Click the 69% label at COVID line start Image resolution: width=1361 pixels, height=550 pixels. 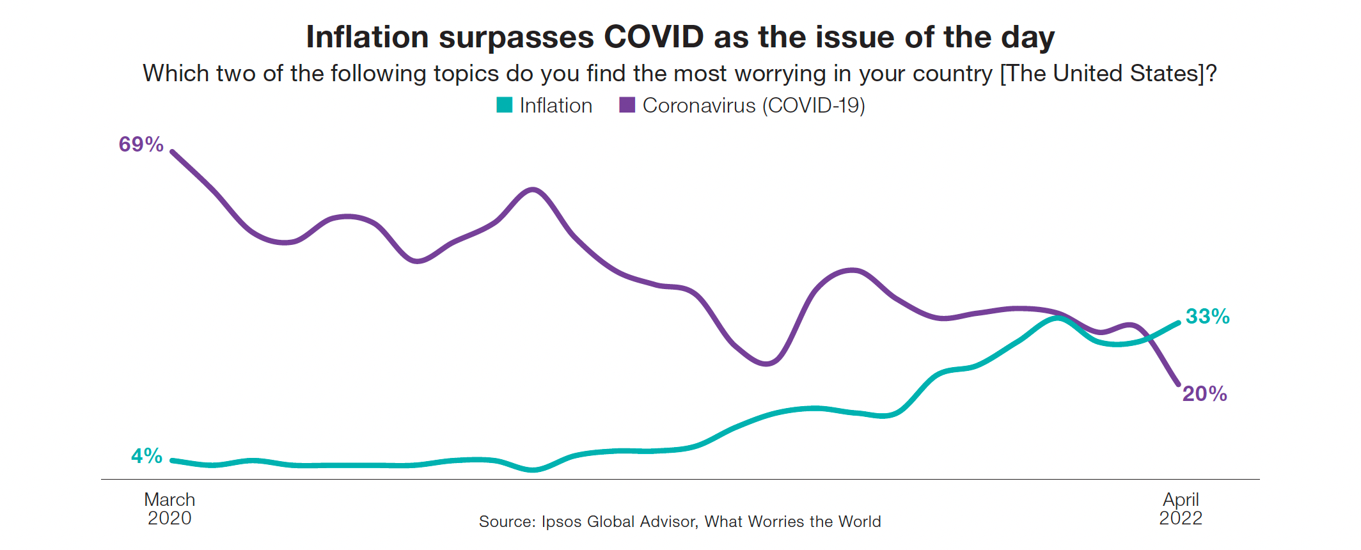pyautogui.click(x=141, y=145)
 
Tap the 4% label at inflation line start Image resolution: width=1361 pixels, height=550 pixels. pyautogui.click(x=146, y=456)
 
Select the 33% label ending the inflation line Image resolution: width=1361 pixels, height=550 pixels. pyautogui.click(x=1208, y=317)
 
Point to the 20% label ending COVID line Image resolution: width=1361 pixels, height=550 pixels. pyautogui.click(x=1204, y=394)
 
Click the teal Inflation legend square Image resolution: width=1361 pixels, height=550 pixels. pyautogui.click(x=505, y=106)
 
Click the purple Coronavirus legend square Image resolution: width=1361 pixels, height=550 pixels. pyautogui.click(x=627, y=106)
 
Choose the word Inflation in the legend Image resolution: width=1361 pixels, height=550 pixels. pyautogui.click(x=556, y=106)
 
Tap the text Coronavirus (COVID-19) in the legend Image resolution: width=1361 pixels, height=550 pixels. pyautogui.click(x=753, y=106)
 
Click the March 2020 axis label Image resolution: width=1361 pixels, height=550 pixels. pyautogui.click(x=169, y=508)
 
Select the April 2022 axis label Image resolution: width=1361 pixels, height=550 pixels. pyautogui.click(x=1181, y=508)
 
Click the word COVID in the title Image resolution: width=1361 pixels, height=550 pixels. pyautogui.click(x=654, y=37)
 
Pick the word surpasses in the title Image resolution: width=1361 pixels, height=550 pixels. pyautogui.click(x=516, y=37)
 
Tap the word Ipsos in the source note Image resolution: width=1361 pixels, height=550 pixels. pyautogui.click(x=562, y=522)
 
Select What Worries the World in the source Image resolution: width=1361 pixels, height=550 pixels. pyautogui.click(x=792, y=522)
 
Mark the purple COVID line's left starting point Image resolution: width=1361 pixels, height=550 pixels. pyautogui.click(x=172, y=152)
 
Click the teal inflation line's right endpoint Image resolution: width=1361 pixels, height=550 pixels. pyautogui.click(x=1178, y=323)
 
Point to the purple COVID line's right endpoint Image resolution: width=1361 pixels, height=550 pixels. pyautogui.click(x=1178, y=384)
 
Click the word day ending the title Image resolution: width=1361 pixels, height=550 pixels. pyautogui.click(x=1028, y=37)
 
